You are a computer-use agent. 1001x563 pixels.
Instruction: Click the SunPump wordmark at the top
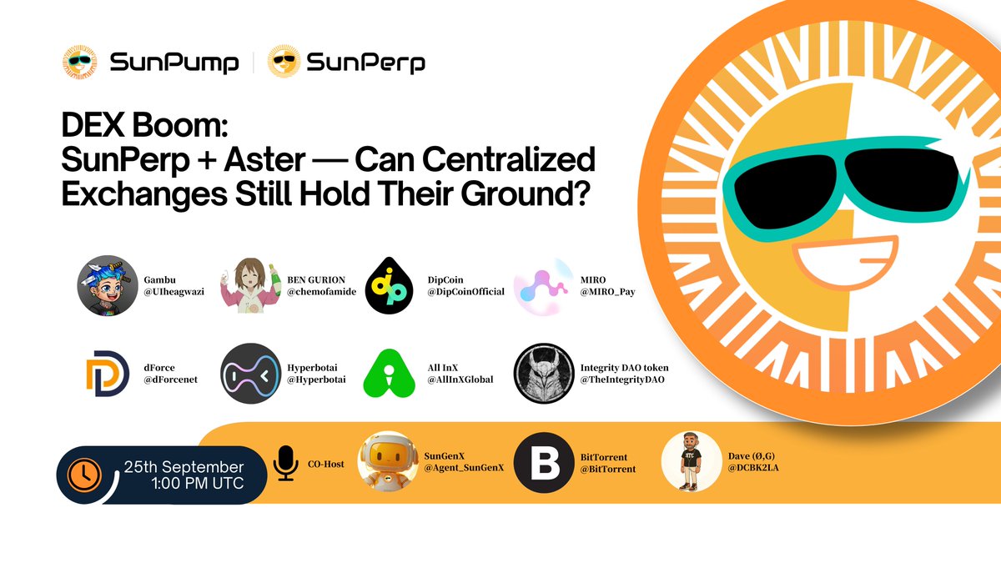tap(174, 63)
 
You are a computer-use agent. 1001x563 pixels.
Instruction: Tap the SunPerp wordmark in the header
tap(365, 63)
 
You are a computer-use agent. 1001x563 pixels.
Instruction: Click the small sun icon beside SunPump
tap(79, 62)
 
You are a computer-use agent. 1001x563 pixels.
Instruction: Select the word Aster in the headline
tap(264, 159)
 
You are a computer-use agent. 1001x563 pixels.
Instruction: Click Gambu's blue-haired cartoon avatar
tap(108, 285)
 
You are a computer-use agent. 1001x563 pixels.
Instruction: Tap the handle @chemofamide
tap(321, 292)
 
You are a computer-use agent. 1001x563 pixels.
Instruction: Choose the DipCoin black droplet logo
tap(389, 285)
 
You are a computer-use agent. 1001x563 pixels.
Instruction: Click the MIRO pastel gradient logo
tap(543, 286)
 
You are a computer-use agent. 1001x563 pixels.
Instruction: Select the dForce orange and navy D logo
tap(108, 374)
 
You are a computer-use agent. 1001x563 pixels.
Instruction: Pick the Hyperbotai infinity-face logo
tap(251, 374)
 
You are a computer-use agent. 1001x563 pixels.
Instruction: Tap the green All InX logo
tap(389, 374)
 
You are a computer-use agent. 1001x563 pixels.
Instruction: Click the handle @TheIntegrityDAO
tap(622, 380)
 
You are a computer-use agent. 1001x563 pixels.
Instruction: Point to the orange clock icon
tap(84, 475)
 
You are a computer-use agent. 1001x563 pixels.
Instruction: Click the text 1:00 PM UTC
tap(198, 484)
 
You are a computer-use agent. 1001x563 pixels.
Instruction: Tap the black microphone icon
tap(285, 464)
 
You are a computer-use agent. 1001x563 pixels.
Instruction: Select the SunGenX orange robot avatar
tap(388, 461)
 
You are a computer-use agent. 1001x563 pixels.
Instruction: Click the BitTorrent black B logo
tap(543, 463)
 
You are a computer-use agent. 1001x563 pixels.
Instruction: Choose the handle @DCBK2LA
tap(753, 468)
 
